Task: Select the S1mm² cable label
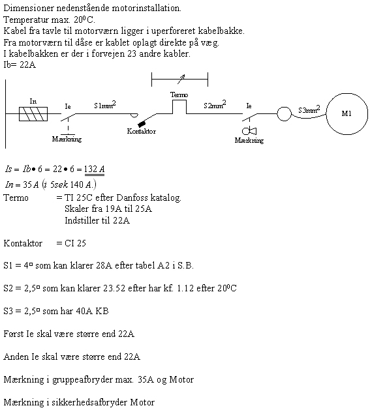click(x=105, y=105)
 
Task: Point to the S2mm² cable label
click(x=215, y=104)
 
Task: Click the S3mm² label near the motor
click(x=309, y=109)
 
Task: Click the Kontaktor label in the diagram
click(x=142, y=131)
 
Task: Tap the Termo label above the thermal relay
click(x=179, y=95)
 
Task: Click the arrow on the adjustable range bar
click(x=181, y=79)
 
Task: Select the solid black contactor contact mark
click(x=142, y=124)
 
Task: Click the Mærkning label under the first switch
click(x=67, y=139)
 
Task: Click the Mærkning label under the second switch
click(x=249, y=141)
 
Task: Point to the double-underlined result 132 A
click(x=95, y=169)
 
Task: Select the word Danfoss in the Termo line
click(x=132, y=197)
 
